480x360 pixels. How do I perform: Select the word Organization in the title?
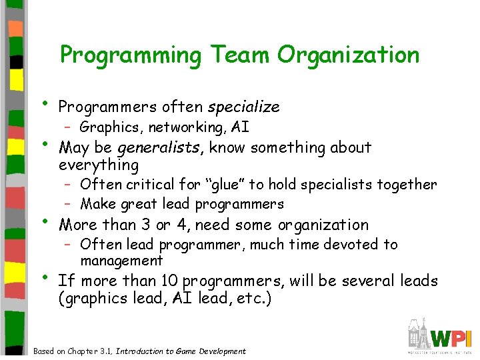349,55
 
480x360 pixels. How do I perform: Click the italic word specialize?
244,107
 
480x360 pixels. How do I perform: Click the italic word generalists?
167,147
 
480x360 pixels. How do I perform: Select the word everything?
99,165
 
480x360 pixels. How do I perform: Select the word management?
121,261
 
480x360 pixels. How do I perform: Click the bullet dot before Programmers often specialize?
45,103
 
